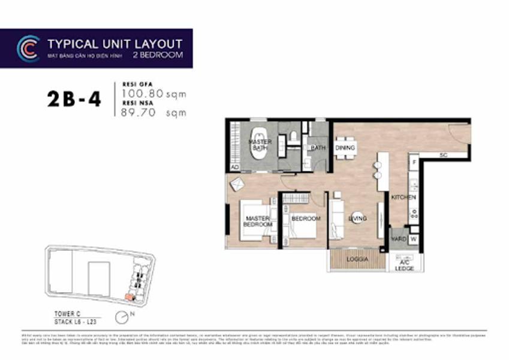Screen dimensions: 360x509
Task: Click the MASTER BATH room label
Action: point(260,145)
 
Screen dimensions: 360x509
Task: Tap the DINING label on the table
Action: point(345,148)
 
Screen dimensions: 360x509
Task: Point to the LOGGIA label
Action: point(357,259)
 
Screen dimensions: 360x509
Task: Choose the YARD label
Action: point(399,239)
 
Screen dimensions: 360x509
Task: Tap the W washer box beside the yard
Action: point(413,239)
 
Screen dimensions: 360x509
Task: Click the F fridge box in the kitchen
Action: point(413,162)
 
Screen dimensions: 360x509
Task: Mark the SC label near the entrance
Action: point(443,155)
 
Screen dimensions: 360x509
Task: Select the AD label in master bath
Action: point(234,167)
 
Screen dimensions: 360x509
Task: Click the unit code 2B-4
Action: point(74,99)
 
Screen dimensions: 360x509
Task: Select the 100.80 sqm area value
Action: point(154,94)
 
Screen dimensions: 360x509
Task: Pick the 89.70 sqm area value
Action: point(153,112)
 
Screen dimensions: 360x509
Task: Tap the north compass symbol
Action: point(123,316)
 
